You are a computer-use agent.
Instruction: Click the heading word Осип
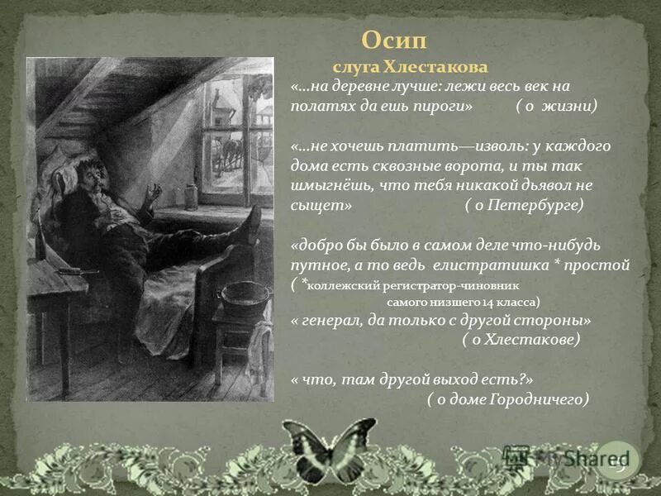point(395,41)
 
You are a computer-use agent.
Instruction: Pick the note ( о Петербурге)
point(523,206)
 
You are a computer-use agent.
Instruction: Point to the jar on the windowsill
point(191,197)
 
